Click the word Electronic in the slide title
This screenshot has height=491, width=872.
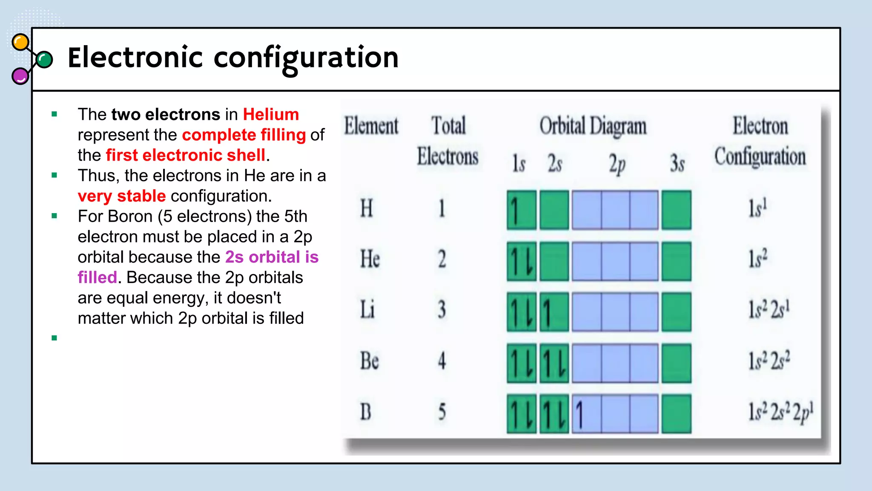coord(135,58)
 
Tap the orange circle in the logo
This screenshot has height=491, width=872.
coord(20,42)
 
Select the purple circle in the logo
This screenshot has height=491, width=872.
coord(20,76)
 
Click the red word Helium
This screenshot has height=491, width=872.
coord(271,115)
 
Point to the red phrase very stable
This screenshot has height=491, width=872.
coord(121,196)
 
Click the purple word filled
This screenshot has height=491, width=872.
coord(97,277)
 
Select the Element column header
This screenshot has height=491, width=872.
coord(371,126)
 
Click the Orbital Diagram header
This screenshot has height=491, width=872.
coord(593,127)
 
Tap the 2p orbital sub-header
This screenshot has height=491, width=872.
coord(617,164)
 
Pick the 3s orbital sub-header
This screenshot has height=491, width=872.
coord(677,164)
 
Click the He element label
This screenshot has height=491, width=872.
coord(370,259)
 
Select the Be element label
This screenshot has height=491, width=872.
coord(369,361)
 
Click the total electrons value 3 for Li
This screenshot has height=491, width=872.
coord(442,310)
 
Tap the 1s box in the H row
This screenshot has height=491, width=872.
coord(521,210)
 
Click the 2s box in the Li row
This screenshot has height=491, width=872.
coord(554,312)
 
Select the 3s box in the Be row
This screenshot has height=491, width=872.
coord(676,363)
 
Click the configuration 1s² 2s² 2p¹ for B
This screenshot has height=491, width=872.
coord(781,412)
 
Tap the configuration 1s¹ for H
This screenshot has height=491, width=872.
coord(758,208)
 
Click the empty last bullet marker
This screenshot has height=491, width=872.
coord(54,338)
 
